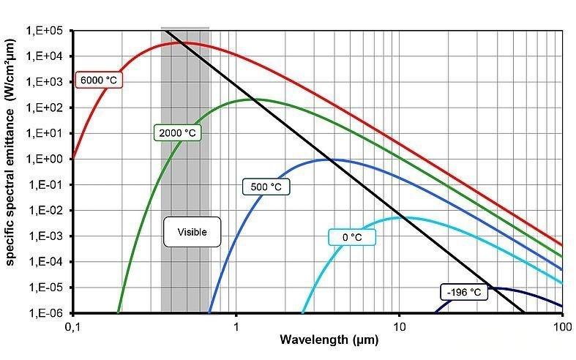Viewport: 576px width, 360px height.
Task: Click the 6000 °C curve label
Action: pyautogui.click(x=98, y=79)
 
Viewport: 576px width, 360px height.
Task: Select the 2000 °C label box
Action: pyautogui.click(x=178, y=133)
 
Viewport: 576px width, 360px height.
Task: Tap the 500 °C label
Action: pyautogui.click(x=266, y=187)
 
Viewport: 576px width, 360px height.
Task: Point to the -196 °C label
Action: pyautogui.click(x=464, y=292)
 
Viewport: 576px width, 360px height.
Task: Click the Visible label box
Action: pyautogui.click(x=192, y=232)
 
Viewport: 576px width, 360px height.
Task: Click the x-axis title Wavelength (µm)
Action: pyautogui.click(x=317, y=341)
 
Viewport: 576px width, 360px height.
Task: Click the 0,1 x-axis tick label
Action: pyautogui.click(x=72, y=325)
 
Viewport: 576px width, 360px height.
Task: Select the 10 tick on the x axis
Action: pyautogui.click(x=399, y=325)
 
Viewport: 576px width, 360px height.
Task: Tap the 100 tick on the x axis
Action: pyautogui.click(x=561, y=325)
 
